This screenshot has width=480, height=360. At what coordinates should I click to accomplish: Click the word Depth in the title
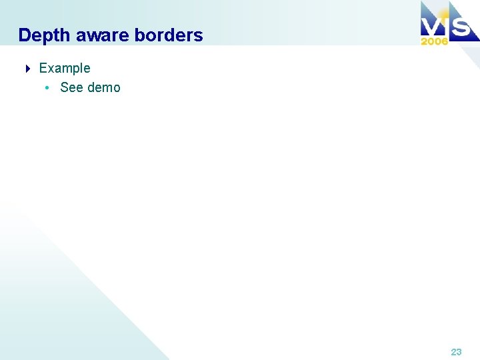click(44, 35)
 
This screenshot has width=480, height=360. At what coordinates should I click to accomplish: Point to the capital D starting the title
click(25, 35)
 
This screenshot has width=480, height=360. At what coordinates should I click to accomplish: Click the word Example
click(65, 68)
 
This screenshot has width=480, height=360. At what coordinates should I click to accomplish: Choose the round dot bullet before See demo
click(47, 88)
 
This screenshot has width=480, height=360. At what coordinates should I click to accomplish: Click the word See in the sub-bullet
click(71, 88)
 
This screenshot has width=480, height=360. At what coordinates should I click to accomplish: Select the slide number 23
click(456, 352)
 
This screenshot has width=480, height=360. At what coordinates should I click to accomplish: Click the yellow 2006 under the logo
click(434, 41)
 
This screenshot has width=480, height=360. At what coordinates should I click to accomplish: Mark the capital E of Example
click(43, 68)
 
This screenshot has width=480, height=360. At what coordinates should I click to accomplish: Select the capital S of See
click(64, 88)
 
